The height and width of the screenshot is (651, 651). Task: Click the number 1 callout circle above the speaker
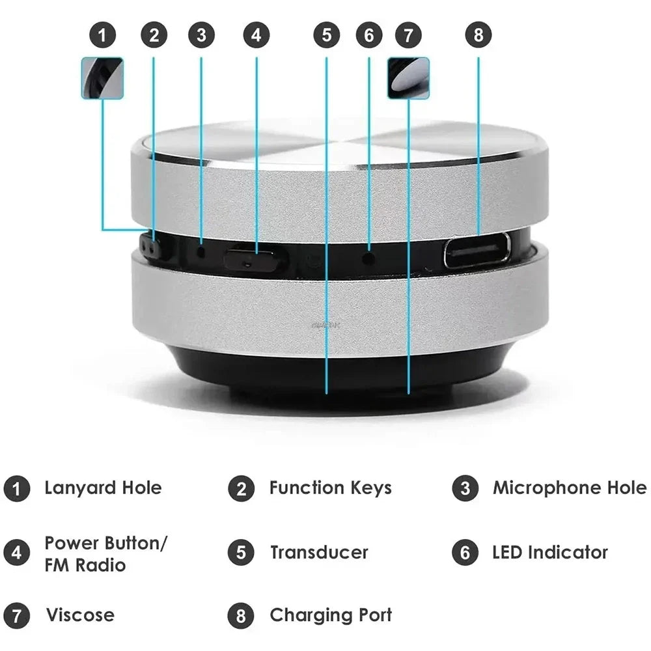coord(102,35)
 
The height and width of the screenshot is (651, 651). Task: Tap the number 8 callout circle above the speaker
coord(478,35)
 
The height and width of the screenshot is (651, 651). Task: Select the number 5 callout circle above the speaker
coord(326,35)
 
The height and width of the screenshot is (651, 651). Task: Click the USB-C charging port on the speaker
coord(477,250)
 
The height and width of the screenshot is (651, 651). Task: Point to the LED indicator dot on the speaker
coord(369,258)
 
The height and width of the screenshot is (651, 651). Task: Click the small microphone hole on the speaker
coord(201,250)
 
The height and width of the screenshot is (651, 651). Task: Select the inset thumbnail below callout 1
coord(102,78)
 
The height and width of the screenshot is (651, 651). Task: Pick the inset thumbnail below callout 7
coord(408,78)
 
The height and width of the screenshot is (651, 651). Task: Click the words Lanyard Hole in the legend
coord(103,488)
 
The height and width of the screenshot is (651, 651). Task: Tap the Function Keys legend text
coord(330,488)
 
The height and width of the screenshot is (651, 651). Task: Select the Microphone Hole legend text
coord(569,488)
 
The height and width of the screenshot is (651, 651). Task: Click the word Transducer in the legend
coord(319,553)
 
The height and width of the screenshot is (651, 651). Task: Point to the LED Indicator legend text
coord(549,553)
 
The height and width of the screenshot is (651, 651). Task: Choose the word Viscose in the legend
coord(79,615)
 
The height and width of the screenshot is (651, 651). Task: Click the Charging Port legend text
coord(331,615)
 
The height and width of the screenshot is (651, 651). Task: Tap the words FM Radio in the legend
coord(85,564)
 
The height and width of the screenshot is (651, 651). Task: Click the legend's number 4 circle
coord(16,553)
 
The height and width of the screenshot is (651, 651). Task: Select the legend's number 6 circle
coord(465,553)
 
